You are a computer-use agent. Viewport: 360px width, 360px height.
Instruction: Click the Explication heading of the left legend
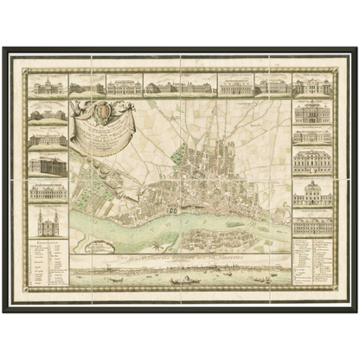click(x=48, y=244)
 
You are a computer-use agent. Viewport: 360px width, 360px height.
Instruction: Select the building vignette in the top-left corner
click(x=48, y=87)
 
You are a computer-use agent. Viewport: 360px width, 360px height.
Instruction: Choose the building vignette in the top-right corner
click(x=312, y=87)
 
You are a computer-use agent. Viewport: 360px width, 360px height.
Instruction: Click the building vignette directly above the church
click(x=48, y=192)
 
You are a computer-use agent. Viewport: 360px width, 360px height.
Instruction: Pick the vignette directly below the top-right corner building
click(x=312, y=113)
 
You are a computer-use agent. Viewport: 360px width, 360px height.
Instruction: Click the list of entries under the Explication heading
click(x=48, y=268)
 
